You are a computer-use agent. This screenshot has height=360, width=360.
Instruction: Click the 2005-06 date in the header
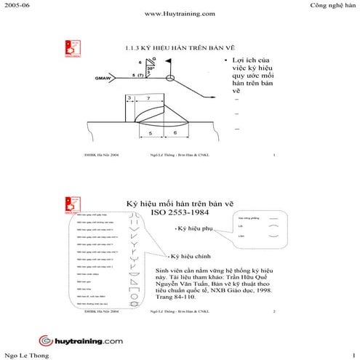(17, 5)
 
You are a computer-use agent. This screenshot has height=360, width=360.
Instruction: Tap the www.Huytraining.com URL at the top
(180, 14)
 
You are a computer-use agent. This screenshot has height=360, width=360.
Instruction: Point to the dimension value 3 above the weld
(129, 97)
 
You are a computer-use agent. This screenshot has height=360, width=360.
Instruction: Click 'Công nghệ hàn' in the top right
(332, 5)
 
